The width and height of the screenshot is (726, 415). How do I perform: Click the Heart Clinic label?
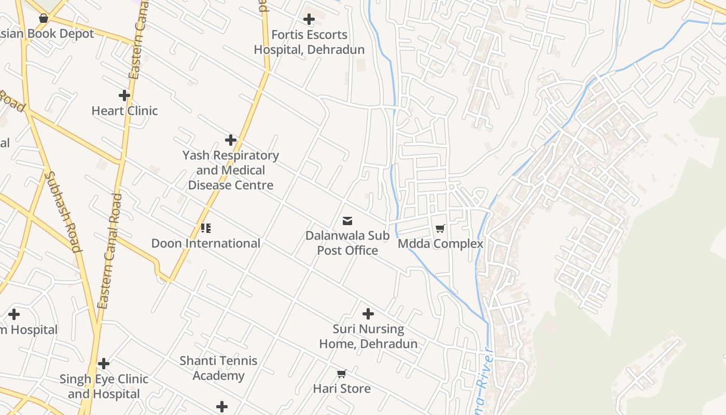click(124, 110)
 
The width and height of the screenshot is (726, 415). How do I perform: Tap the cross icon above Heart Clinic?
click(124, 95)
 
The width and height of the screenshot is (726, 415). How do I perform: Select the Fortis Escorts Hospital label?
click(309, 42)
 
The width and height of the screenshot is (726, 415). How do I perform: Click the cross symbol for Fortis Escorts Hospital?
click(309, 20)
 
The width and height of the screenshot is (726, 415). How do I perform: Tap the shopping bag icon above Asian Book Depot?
click(44, 19)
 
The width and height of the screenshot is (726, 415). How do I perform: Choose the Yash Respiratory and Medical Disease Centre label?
click(231, 170)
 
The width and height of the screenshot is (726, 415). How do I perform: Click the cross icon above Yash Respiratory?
click(231, 140)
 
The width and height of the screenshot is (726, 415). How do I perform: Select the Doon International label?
click(206, 243)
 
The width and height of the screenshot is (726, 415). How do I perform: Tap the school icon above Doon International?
click(206, 228)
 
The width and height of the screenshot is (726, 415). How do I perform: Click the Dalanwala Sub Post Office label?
click(347, 243)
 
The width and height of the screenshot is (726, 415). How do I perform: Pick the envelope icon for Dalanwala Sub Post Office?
click(347, 221)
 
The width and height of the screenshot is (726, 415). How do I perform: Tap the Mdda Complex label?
click(440, 243)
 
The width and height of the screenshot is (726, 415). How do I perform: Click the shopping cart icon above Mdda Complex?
click(440, 228)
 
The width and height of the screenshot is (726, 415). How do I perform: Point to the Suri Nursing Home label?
click(368, 336)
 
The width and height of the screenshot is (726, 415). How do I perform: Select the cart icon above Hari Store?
click(342, 374)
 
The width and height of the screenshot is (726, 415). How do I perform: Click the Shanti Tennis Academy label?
click(218, 368)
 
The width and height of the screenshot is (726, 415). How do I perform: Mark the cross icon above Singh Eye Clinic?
click(104, 364)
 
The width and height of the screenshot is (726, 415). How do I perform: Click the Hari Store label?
click(342, 389)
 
